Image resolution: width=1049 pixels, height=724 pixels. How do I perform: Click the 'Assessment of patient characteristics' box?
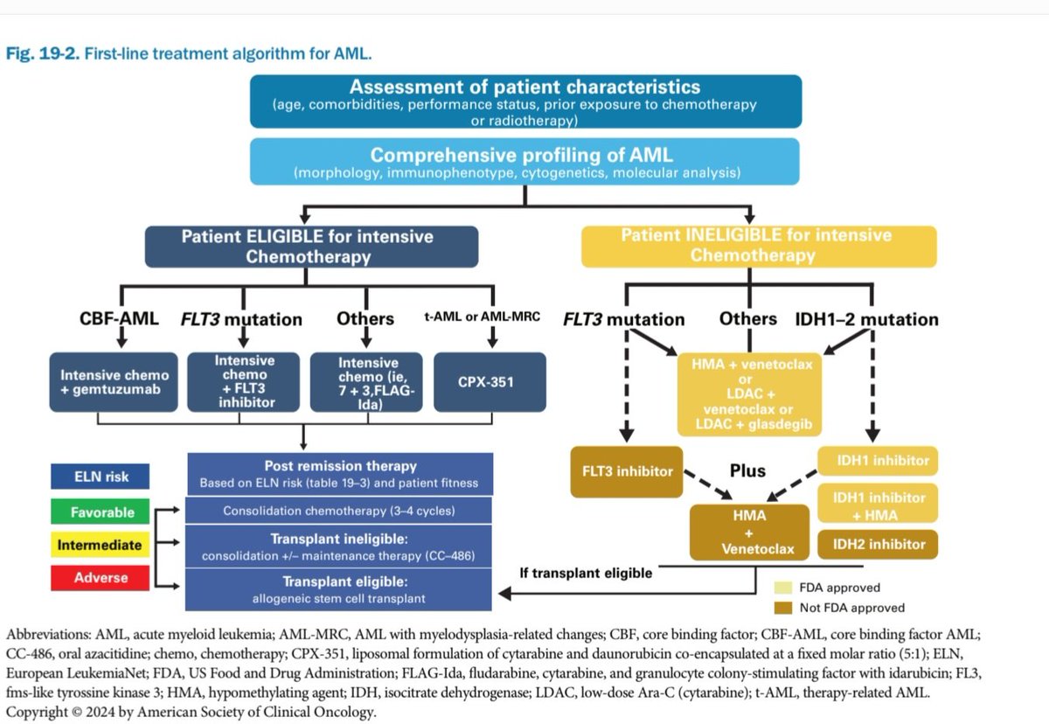click(525, 101)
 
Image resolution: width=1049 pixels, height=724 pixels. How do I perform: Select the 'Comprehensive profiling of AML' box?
click(525, 162)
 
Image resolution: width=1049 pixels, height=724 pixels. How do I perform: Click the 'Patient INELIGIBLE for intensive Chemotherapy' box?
click(758, 246)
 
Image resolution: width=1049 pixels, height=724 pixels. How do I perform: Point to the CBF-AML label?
click(113, 318)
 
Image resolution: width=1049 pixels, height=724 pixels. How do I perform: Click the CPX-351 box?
click(491, 382)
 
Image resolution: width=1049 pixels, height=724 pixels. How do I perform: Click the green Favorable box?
click(103, 512)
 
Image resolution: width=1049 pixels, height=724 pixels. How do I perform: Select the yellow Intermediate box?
click(100, 545)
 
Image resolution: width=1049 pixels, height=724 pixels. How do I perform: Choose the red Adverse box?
click(101, 578)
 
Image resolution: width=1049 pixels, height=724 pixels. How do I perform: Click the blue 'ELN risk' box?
click(100, 477)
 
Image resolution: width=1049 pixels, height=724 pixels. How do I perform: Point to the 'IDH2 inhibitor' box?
click(878, 544)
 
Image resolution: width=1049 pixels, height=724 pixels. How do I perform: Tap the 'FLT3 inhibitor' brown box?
click(627, 470)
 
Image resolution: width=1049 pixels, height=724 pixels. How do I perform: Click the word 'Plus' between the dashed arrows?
click(747, 470)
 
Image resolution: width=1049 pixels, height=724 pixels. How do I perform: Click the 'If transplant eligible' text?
click(586, 574)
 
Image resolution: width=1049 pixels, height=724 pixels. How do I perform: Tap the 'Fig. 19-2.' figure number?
click(43, 54)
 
